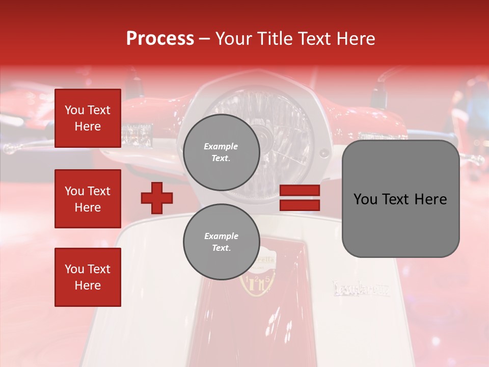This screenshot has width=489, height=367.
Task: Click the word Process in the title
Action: click(x=160, y=39)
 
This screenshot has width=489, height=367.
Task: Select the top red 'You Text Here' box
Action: click(x=88, y=118)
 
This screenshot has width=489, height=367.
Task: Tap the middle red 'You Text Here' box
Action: click(x=88, y=199)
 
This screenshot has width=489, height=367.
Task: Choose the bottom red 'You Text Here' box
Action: click(x=88, y=277)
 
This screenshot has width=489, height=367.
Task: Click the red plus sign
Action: click(x=157, y=198)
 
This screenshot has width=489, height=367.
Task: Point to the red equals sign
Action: click(x=300, y=198)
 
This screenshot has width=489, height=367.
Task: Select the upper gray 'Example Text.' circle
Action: click(x=221, y=152)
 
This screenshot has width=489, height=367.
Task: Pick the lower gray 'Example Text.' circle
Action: click(x=221, y=242)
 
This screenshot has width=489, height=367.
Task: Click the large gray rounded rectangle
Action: click(x=400, y=199)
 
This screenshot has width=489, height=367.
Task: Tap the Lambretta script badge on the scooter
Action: click(x=361, y=289)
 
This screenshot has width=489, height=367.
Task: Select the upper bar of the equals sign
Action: click(x=300, y=191)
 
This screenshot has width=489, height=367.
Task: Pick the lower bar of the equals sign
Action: click(x=300, y=205)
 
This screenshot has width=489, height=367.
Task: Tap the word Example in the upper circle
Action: click(x=221, y=147)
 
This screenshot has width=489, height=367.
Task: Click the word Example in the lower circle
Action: click(x=221, y=237)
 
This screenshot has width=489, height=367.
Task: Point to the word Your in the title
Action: click(x=232, y=39)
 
